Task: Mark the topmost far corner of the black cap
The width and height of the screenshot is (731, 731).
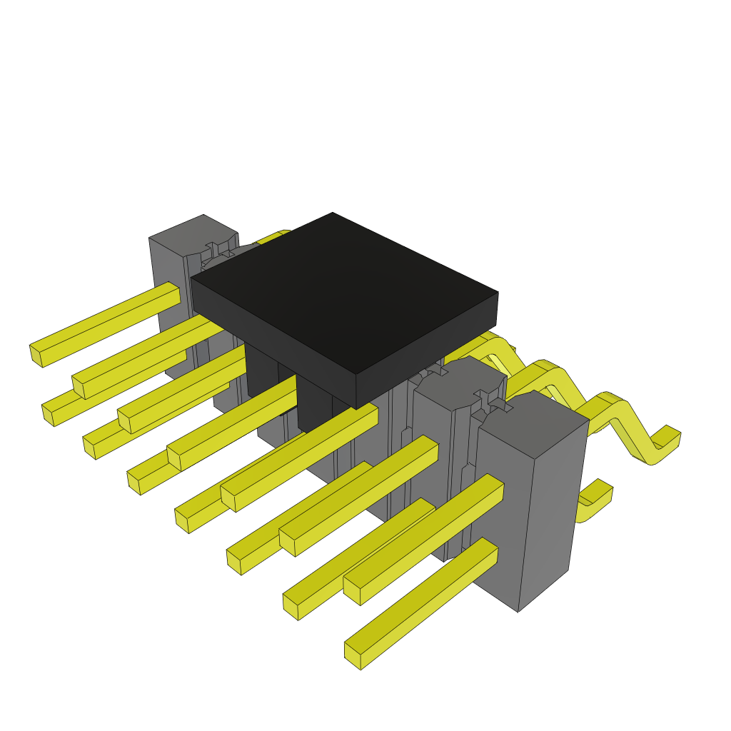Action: (x=333, y=213)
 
